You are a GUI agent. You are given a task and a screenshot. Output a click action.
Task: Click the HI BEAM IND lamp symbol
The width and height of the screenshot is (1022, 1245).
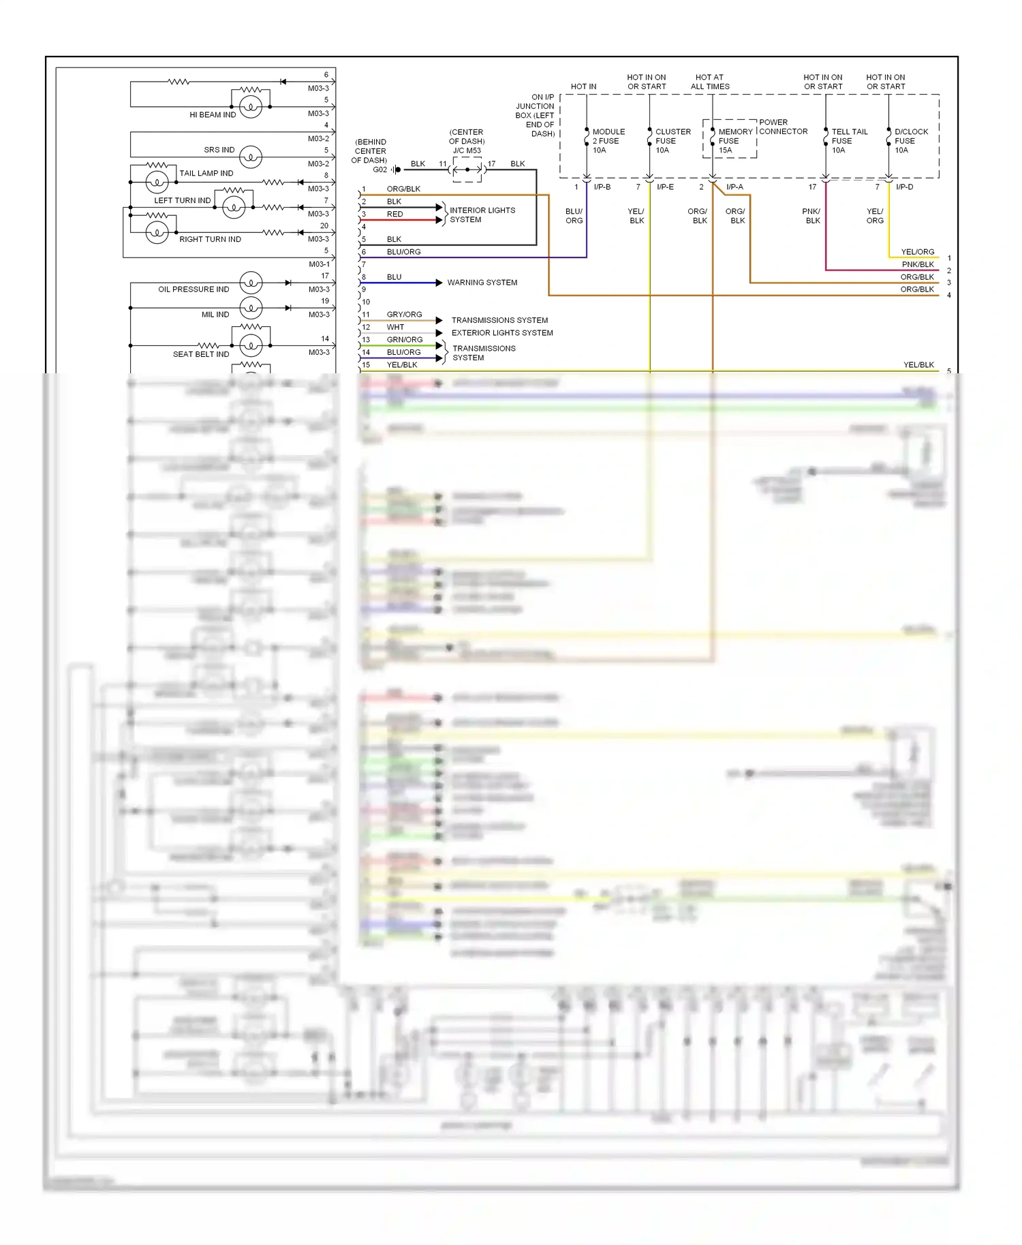pyautogui.click(x=251, y=106)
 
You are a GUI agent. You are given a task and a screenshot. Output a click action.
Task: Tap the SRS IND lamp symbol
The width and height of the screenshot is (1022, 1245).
pyautogui.click(x=251, y=157)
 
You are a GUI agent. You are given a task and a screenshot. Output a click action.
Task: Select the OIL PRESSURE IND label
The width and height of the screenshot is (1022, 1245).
pyautogui.click(x=193, y=289)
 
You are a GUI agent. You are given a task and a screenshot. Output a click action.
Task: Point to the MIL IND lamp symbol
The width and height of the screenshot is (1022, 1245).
pyautogui.click(x=251, y=308)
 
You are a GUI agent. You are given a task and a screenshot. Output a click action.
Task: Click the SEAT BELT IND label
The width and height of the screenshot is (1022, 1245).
pyautogui.click(x=201, y=354)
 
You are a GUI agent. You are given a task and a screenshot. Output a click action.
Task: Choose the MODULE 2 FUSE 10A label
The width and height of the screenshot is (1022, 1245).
pyautogui.click(x=608, y=141)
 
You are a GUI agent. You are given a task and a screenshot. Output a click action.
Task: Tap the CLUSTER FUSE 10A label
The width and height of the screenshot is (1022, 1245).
pyautogui.click(x=672, y=141)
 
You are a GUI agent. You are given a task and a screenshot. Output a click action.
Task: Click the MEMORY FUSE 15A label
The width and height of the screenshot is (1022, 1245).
pyautogui.click(x=734, y=141)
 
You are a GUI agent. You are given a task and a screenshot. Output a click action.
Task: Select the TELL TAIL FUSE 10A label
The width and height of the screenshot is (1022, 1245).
pyautogui.click(x=849, y=141)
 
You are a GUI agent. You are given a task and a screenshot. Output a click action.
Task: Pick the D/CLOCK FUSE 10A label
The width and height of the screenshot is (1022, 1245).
pyautogui.click(x=911, y=141)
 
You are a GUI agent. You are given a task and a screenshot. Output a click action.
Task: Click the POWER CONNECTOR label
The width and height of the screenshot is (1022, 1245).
pyautogui.click(x=783, y=127)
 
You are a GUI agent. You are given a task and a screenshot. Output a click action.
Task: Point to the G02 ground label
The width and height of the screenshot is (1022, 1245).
pyautogui.click(x=380, y=170)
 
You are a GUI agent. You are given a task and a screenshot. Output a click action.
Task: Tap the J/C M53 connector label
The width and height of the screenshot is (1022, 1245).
pyautogui.click(x=467, y=151)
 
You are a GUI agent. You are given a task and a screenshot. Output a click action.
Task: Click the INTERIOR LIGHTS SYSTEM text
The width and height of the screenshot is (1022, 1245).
pyautogui.click(x=482, y=215)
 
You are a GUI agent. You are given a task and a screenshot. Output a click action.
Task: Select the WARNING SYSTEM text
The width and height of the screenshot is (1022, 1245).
pyautogui.click(x=482, y=283)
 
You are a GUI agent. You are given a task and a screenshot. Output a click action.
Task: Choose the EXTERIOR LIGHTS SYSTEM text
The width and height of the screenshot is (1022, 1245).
pyautogui.click(x=502, y=333)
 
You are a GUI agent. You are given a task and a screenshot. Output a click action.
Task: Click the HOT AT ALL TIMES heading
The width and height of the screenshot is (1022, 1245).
pyautogui.click(x=710, y=82)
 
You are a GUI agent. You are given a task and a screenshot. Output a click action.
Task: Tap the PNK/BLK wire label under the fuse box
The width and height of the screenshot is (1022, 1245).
pyautogui.click(x=812, y=216)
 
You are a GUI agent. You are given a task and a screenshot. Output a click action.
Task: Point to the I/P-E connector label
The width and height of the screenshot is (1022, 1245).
pyautogui.click(x=665, y=187)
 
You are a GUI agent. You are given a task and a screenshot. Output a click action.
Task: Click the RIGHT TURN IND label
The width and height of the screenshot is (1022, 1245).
pyautogui.click(x=210, y=240)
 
